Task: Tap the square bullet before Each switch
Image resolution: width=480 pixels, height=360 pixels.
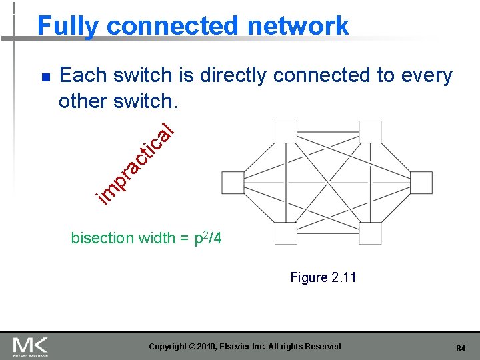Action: coord(45,77)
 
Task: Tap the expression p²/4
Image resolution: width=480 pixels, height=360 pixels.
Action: coord(207,237)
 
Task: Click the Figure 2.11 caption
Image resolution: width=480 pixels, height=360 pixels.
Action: coord(323,277)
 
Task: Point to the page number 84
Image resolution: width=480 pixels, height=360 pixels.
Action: coord(460,348)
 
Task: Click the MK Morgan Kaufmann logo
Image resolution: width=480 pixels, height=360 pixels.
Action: coord(30,347)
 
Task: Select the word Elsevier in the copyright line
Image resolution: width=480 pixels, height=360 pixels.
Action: coord(259,347)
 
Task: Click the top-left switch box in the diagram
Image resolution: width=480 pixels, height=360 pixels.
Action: coord(285,131)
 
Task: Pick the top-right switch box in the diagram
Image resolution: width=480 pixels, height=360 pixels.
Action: coord(370,131)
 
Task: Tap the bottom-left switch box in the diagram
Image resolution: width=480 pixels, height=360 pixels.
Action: coord(285,233)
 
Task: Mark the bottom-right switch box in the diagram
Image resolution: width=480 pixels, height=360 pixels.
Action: coord(370,233)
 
